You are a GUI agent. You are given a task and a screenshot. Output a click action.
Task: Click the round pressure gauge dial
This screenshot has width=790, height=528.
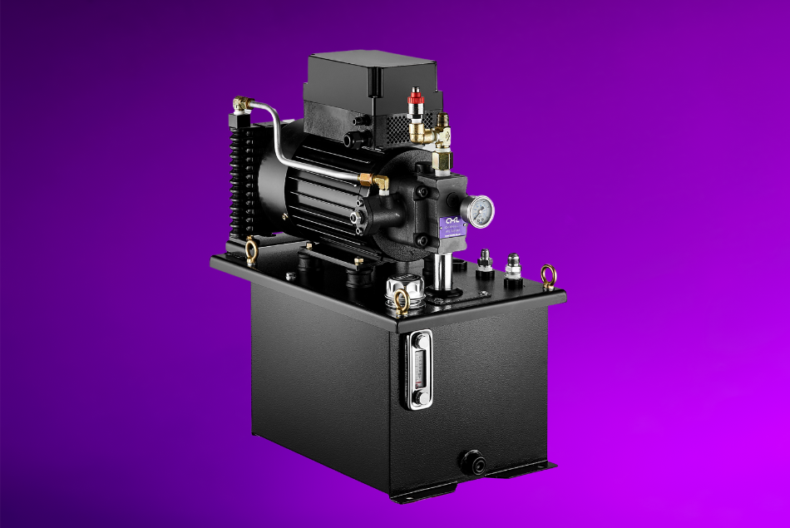[479, 213]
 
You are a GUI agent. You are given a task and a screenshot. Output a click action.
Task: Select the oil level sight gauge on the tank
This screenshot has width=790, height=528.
[417, 370]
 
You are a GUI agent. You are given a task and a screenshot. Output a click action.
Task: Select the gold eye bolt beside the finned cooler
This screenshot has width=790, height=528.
[251, 247]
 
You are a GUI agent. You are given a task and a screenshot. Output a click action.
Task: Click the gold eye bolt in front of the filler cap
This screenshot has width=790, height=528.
[402, 303]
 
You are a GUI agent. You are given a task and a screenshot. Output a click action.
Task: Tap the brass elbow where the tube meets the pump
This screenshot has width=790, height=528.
[380, 180]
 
